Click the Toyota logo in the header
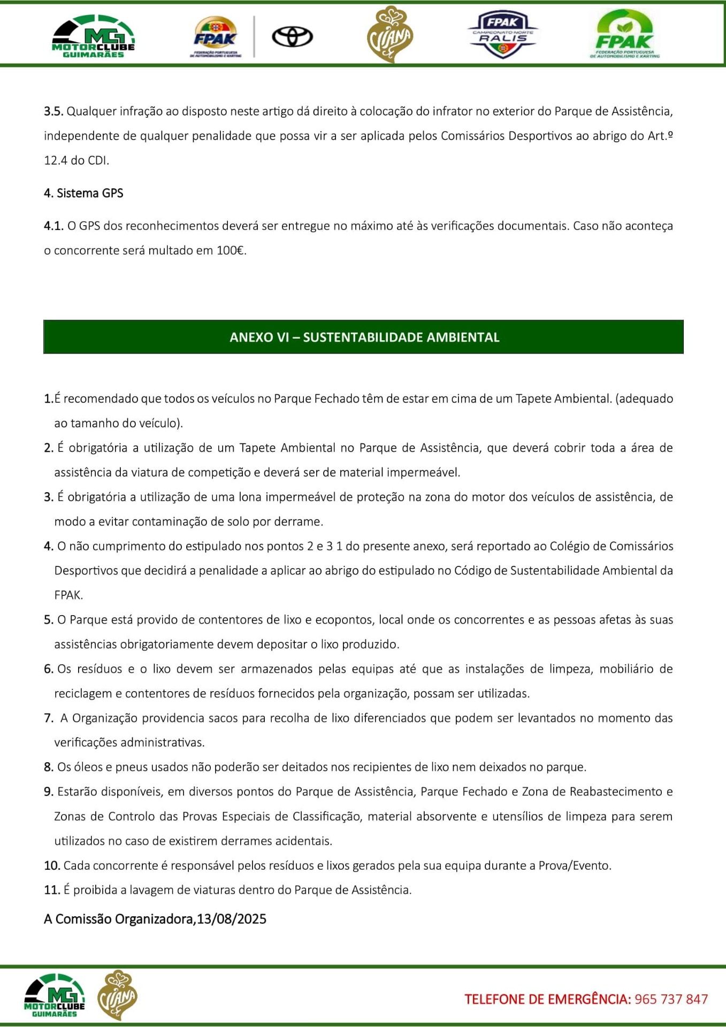pyautogui.click(x=292, y=37)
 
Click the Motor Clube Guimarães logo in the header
pyautogui.click(x=94, y=36)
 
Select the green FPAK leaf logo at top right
pyautogui.click(x=624, y=34)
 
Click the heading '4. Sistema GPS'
pyautogui.click(x=83, y=193)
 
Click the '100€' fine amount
pyautogui.click(x=231, y=250)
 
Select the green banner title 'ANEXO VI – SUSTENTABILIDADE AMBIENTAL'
pyautogui.click(x=364, y=337)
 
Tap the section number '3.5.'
pyautogui.click(x=54, y=111)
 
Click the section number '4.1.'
pyautogui.click(x=54, y=226)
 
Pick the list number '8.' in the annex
pyautogui.click(x=49, y=767)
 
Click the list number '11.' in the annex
pyautogui.click(x=52, y=890)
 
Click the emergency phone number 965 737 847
pyautogui.click(x=671, y=999)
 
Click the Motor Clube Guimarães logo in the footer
pyautogui.click(x=55, y=995)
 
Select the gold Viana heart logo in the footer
pyautogui.click(x=117, y=994)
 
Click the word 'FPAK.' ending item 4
pyautogui.click(x=68, y=595)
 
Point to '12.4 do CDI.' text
pyautogui.click(x=77, y=160)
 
